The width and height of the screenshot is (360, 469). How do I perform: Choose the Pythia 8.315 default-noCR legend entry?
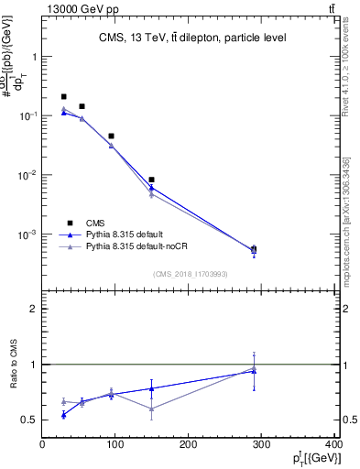[145, 247]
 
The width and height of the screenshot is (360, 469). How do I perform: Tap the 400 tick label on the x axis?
[335, 445]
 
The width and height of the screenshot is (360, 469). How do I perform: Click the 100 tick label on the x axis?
[115, 445]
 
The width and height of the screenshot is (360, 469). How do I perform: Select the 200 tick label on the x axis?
[189, 445]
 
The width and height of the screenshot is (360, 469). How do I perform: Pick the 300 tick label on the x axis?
[262, 445]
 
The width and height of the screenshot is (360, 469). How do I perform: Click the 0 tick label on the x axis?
[43, 445]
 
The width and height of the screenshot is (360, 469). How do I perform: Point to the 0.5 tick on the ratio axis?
[29, 420]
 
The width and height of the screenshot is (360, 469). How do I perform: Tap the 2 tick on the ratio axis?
[34, 309]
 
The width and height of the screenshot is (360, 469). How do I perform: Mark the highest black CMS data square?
[63, 96]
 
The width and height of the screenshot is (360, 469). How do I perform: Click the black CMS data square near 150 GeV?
[151, 180]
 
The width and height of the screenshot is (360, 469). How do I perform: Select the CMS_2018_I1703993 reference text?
[191, 274]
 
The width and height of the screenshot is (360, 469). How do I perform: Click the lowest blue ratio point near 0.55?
[63, 415]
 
